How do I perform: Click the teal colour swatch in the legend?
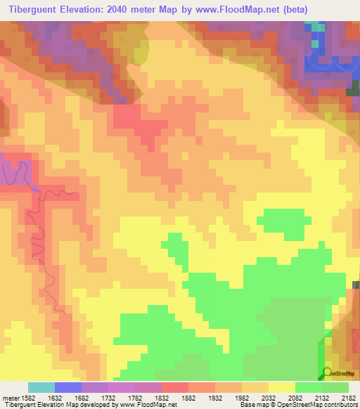[41, 387]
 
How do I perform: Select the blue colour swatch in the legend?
[68, 387]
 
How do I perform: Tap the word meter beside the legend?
[11, 397]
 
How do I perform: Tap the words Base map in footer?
[255, 405]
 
